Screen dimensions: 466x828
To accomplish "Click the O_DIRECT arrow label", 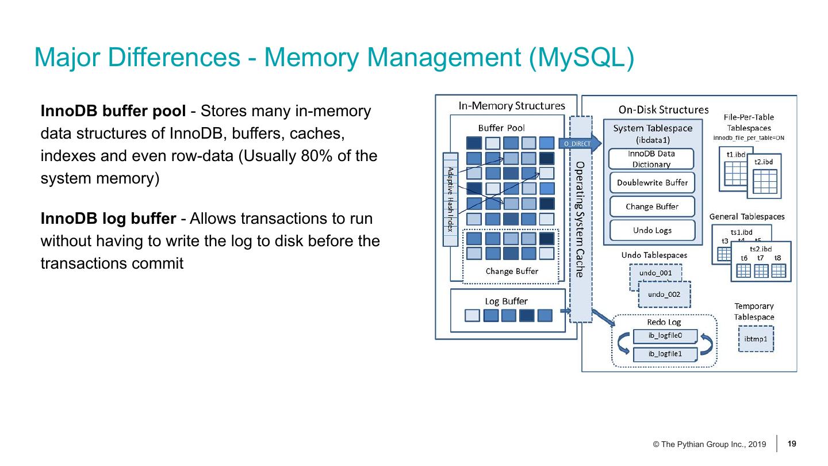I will point(577,144).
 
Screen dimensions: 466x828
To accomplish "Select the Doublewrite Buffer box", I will point(652,183).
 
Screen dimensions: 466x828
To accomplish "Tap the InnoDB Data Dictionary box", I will point(651,159).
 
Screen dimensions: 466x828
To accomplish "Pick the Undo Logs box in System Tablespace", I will point(652,230).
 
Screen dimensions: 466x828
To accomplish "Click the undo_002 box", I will point(664,295).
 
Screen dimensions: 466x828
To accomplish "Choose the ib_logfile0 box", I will point(665,335).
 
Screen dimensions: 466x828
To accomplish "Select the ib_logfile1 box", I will point(665,354).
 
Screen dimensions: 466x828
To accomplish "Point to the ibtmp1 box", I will point(756,339).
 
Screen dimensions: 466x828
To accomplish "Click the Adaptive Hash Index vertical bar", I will point(451,199).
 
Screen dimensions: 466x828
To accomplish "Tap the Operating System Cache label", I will point(580,219).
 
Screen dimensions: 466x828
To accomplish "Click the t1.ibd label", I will point(735,155).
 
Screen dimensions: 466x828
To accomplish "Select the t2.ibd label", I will point(764,162).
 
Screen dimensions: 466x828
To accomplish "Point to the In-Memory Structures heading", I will point(511,106).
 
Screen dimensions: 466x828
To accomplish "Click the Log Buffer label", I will point(506,301).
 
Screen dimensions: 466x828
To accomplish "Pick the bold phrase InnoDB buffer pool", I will point(109,111).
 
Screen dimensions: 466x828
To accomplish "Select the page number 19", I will point(792,444).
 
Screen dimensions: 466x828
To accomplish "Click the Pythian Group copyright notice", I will point(709,445).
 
